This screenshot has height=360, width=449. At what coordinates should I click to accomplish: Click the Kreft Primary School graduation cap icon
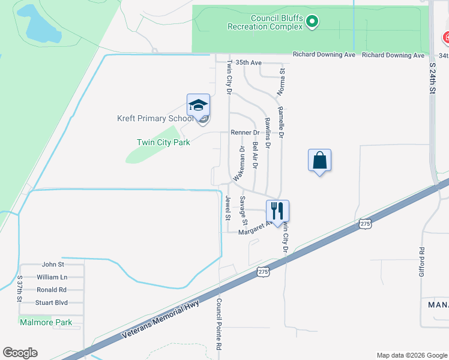(198, 106)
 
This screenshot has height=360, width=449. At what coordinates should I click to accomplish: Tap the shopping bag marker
(319, 161)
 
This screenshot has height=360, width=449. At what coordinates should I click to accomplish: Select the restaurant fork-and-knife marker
(277, 211)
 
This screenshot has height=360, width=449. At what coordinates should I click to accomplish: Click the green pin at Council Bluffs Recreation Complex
(312, 22)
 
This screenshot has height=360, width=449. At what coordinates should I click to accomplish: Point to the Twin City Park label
(163, 142)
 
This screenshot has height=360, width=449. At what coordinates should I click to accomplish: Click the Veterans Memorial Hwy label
(160, 319)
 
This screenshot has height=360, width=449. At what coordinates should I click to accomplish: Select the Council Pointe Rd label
(219, 325)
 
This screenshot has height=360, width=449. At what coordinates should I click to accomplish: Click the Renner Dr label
(244, 133)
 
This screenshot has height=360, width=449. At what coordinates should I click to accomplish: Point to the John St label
(53, 264)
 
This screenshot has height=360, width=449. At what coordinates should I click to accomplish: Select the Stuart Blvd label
(52, 302)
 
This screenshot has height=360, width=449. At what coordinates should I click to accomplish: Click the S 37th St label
(20, 289)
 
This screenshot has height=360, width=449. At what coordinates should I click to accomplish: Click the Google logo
(20, 352)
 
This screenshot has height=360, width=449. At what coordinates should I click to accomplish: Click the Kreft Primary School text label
(155, 118)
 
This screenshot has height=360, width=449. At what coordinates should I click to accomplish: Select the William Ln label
(52, 277)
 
